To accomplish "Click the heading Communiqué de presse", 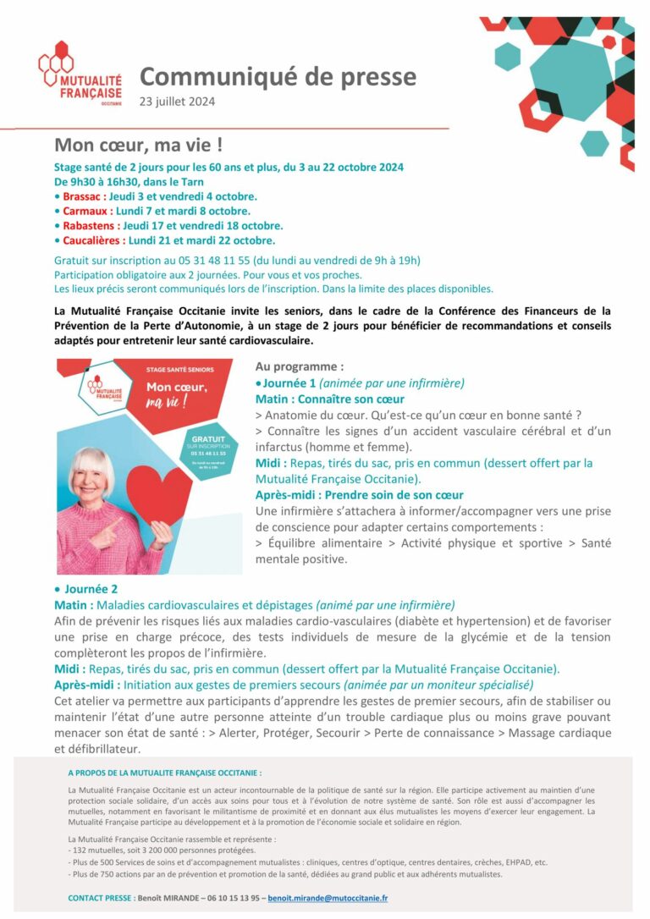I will [x=278, y=77].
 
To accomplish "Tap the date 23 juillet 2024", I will [x=177, y=102].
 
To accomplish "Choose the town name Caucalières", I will [x=93, y=240].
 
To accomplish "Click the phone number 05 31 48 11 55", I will [x=200, y=260].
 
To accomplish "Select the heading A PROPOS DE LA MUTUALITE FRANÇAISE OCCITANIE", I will [x=165, y=773].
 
